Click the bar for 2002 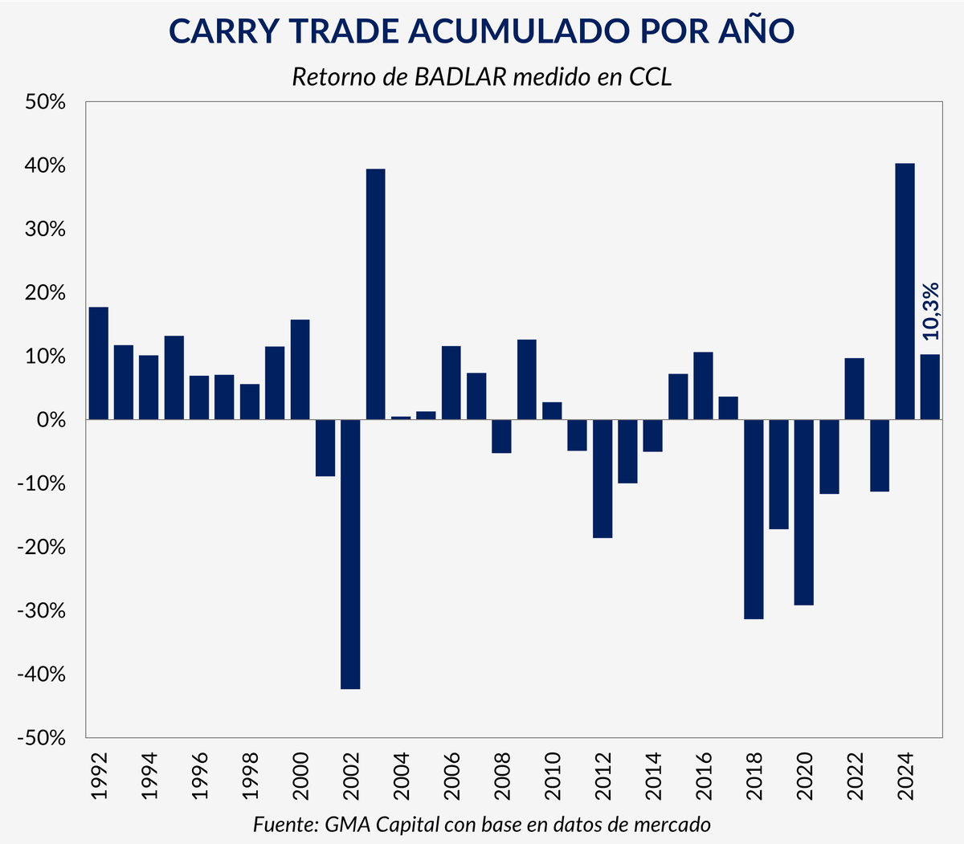pyautogui.click(x=350, y=554)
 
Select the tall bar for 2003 pyautogui.click(x=375, y=294)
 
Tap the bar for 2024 pyautogui.click(x=905, y=291)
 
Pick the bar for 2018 pyautogui.click(x=754, y=519)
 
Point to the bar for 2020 pyautogui.click(x=804, y=512)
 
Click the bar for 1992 pyautogui.click(x=99, y=363)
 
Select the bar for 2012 pyautogui.click(x=602, y=479)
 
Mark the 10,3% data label pyautogui.click(x=929, y=312)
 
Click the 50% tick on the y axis pyautogui.click(x=45, y=103)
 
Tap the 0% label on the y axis pyautogui.click(x=50, y=420)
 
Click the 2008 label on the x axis pyautogui.click(x=502, y=777)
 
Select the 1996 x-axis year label pyautogui.click(x=200, y=777)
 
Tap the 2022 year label pyautogui.click(x=855, y=777)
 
